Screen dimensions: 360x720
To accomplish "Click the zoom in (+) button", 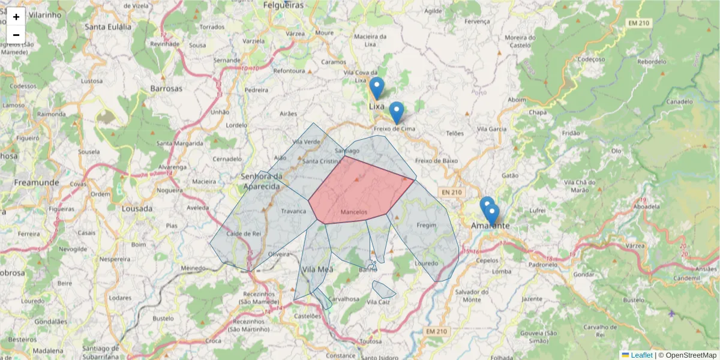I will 16,17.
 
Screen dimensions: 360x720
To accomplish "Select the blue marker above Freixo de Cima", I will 396,112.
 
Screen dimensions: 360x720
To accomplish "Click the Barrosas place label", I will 166,88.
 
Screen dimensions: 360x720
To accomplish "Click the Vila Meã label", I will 317,269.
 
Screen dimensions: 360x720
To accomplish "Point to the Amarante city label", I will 490,226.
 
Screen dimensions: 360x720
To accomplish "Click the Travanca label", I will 293,211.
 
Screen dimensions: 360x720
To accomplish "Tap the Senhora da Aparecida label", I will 261,181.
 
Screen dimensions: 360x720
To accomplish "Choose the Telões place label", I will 455,133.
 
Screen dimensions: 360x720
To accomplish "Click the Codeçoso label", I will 591,59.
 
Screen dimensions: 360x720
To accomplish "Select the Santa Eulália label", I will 107,26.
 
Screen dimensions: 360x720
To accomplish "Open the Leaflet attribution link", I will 641,355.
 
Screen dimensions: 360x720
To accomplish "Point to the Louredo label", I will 427,263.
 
